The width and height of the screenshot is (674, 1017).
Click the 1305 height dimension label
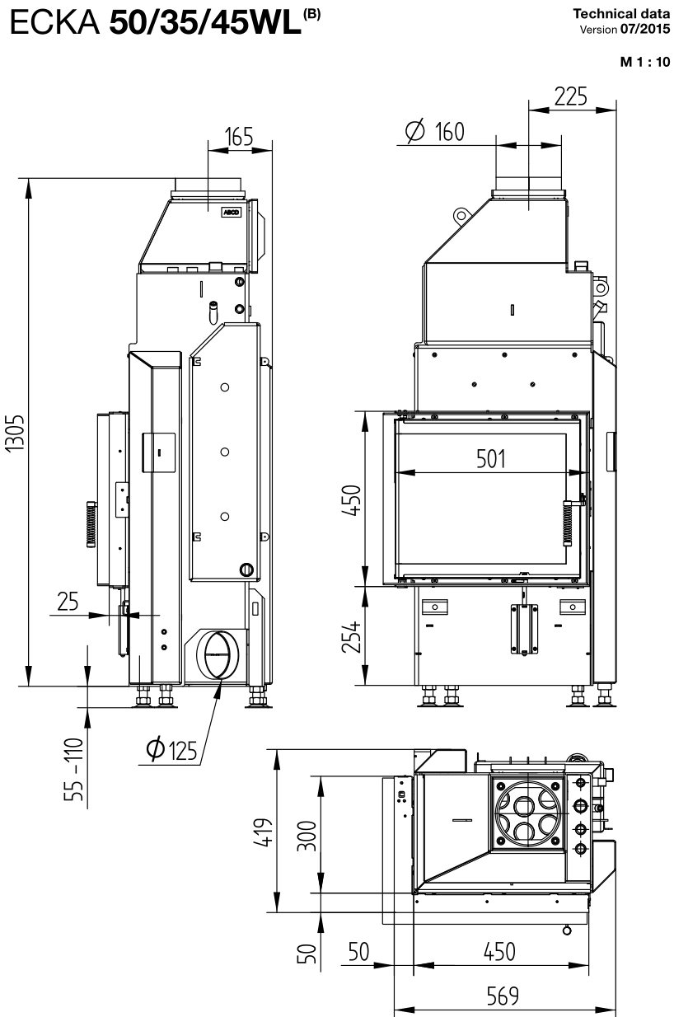coord(15,432)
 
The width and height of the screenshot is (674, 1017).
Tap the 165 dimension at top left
coord(239,137)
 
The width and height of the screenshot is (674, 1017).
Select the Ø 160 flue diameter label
coord(435,132)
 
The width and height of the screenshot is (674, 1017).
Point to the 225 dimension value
coord(570,96)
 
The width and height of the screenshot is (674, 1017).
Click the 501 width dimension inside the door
coord(490,458)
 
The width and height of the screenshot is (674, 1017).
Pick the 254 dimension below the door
coord(352,636)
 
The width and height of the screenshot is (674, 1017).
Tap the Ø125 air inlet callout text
coord(171,750)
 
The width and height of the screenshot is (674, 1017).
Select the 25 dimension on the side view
coord(68,601)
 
